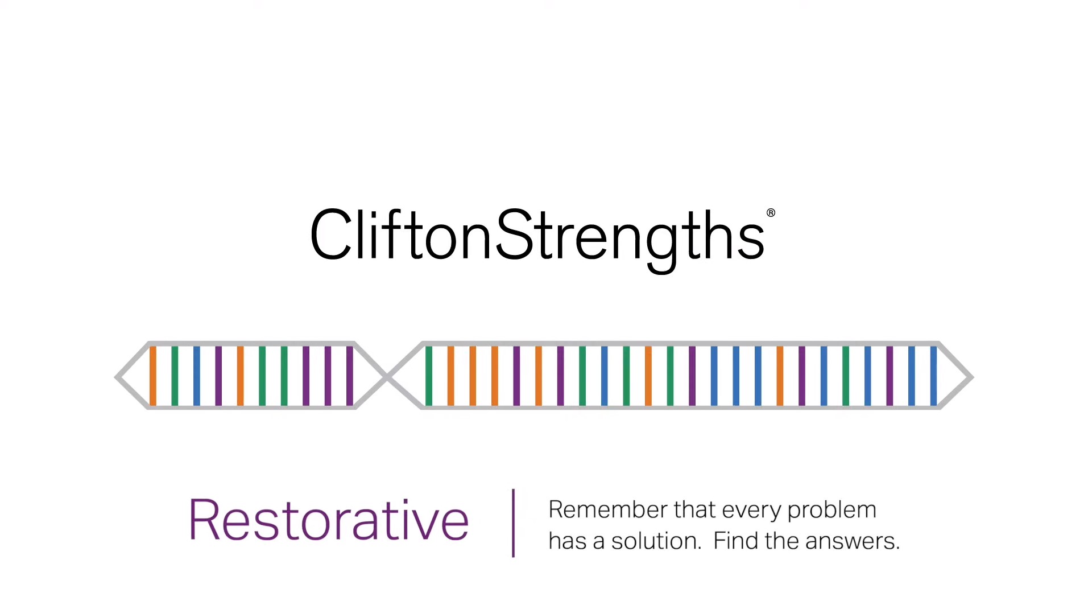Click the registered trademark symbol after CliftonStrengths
(770, 213)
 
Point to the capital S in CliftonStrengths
(514, 234)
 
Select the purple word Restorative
(328, 519)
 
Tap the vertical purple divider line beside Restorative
(513, 523)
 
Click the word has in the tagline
(567, 541)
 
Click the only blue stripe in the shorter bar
(196, 376)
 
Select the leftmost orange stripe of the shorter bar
(152, 376)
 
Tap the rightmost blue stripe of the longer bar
(933, 376)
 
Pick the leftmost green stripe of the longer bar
(429, 376)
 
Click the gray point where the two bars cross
(387, 376)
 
